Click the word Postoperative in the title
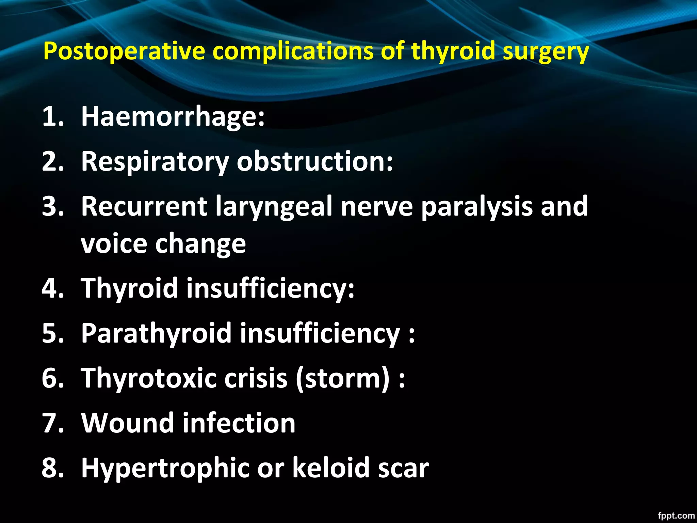pos(124,51)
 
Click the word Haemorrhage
pos(173,116)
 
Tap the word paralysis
pos(476,207)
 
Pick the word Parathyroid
pos(157,333)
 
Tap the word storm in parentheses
pos(342,378)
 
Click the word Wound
pos(127,423)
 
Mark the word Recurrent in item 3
pos(144,207)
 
